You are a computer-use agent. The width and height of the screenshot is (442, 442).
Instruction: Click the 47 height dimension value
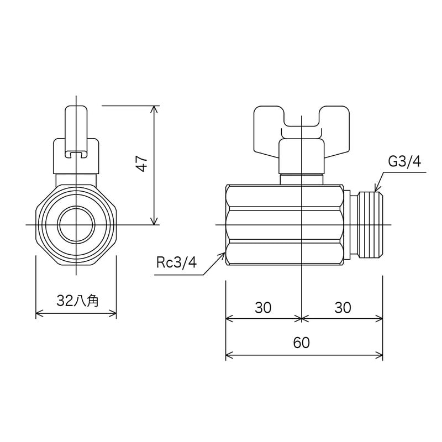142,164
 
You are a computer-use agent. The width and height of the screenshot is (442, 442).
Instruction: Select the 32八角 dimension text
77,301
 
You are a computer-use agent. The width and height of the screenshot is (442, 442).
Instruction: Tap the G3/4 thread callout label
404,161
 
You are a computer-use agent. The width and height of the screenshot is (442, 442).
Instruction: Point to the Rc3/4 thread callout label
176,262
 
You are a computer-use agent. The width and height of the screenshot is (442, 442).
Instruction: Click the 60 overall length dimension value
301,343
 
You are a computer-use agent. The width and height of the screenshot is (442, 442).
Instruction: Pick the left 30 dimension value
263,308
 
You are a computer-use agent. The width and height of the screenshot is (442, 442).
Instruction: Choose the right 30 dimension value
343,308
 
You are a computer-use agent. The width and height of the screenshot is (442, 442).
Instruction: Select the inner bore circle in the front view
76,225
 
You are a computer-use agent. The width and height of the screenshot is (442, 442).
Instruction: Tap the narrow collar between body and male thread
348,225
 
